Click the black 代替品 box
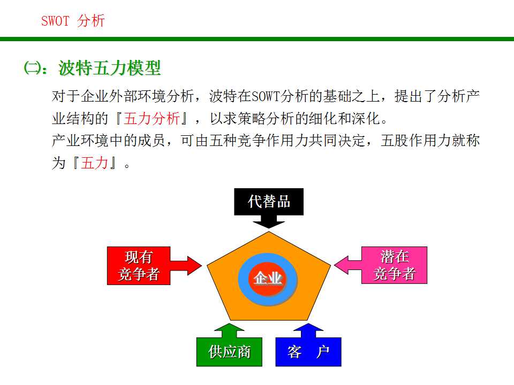point(269,201)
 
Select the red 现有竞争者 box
point(139,265)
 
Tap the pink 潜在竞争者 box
point(394,265)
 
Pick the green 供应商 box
point(229,352)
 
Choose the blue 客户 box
point(308,352)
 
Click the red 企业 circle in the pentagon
point(268,279)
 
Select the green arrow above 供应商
point(229,330)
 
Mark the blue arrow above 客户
point(308,330)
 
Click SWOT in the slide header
point(56,21)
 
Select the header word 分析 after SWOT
point(91,21)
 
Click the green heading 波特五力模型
point(109,68)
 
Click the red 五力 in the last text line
point(94,163)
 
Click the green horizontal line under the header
point(257,39)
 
